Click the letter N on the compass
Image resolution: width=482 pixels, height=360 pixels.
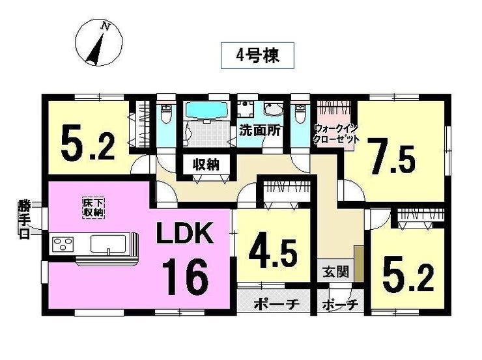[106, 27]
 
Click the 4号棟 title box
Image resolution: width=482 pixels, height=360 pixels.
[257, 55]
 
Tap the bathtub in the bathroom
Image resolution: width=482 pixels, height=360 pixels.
[207, 110]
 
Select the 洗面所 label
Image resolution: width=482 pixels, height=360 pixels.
[260, 131]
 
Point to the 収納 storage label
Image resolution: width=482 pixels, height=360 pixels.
[206, 165]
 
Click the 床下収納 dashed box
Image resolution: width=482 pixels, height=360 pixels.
[93, 208]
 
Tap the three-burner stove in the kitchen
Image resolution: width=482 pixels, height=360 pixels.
[63, 244]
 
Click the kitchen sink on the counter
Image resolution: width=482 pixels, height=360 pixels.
[108, 244]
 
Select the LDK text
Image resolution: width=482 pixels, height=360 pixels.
[185, 233]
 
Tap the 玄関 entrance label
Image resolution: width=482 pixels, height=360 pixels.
[336, 272]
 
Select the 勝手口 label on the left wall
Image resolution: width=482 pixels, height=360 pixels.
[23, 219]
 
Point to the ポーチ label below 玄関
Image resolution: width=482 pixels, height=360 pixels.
[340, 305]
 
